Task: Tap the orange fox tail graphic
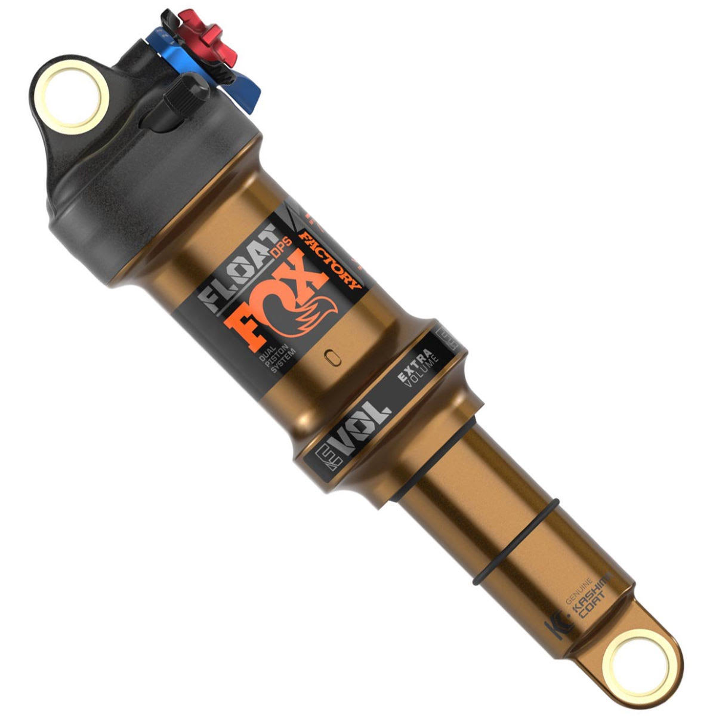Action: click(x=315, y=313)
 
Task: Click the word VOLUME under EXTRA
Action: click(x=422, y=375)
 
